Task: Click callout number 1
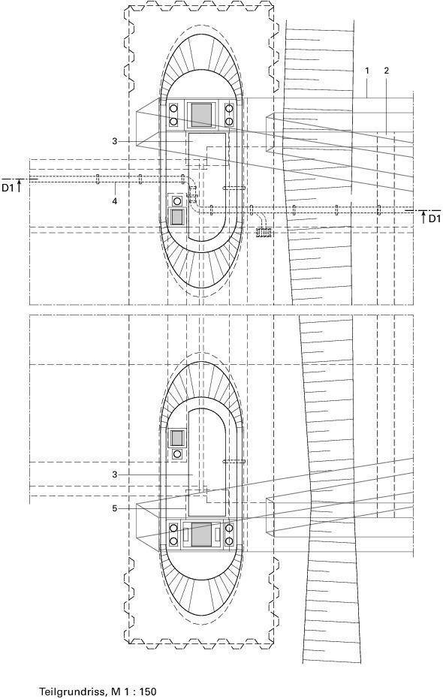(367, 71)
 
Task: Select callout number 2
(386, 71)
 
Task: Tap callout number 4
(115, 201)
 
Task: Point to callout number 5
(115, 508)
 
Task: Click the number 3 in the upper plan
(115, 141)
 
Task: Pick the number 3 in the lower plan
(115, 475)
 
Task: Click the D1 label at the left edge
(8, 188)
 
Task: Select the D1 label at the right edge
(435, 218)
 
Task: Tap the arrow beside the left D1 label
(20, 186)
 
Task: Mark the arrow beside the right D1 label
(423, 217)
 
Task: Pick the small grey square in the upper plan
(177, 217)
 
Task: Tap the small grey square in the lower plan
(177, 438)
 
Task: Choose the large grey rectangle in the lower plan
(201, 535)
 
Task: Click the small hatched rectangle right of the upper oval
(264, 232)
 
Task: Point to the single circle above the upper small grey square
(177, 200)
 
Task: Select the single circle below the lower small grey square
(177, 453)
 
